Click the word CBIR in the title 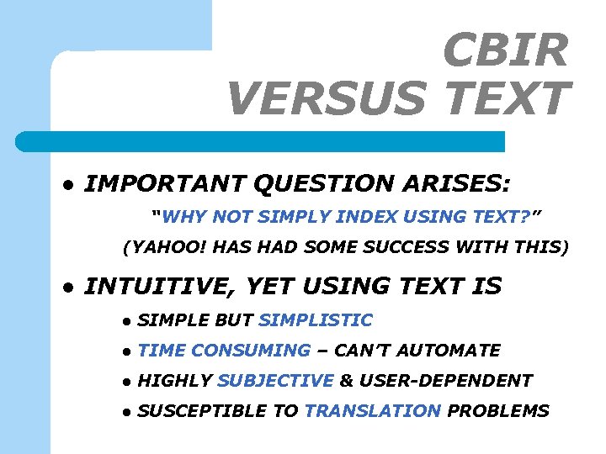point(505,50)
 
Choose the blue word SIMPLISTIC point(316,320)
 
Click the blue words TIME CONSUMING point(224,351)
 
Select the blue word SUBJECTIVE point(275,381)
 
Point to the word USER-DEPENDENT point(445,381)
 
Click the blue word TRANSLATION point(372,411)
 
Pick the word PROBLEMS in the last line point(497,411)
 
